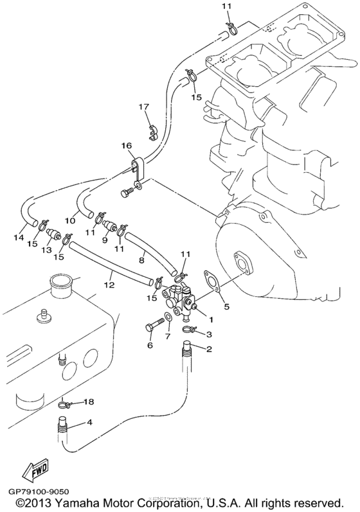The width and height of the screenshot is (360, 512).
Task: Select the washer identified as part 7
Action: (167, 317)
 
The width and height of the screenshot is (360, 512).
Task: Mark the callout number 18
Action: (89, 402)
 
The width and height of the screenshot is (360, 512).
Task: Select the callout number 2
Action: (208, 349)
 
